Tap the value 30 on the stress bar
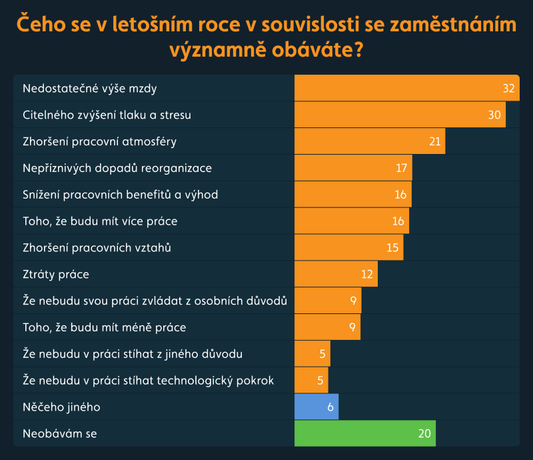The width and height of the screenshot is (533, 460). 494,115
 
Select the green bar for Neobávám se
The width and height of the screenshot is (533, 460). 364,433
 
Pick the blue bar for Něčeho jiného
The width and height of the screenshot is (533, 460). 316,407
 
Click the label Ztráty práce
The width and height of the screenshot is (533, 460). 56,274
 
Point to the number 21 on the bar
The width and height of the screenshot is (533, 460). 435,141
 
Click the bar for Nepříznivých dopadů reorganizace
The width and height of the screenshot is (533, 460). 353,168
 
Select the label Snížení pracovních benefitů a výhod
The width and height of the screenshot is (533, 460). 121,194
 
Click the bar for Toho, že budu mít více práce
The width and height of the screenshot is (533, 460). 351,221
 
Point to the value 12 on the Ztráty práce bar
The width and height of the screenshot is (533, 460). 367,274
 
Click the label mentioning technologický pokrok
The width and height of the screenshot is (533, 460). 149,380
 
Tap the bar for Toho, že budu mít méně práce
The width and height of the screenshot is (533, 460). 327,327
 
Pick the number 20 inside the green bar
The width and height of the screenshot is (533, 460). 425,433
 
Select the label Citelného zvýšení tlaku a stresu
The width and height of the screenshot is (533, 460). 107,115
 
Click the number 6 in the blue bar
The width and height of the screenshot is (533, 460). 330,407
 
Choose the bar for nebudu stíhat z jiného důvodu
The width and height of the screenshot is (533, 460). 312,353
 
